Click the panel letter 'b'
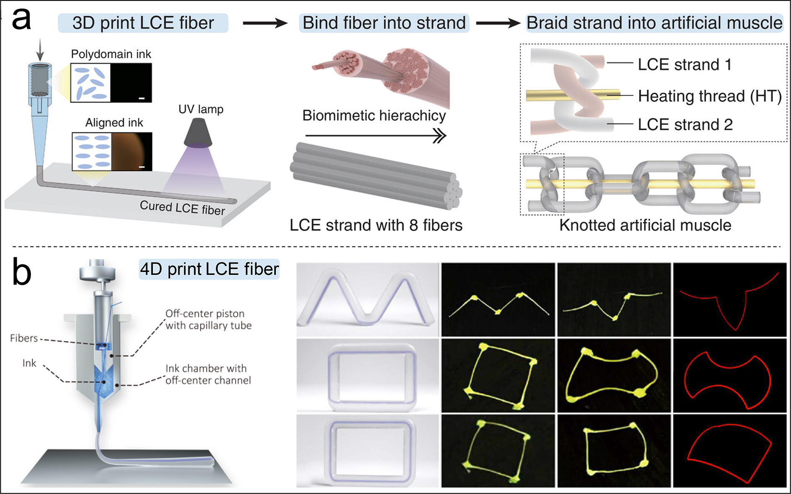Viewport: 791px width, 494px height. coord(21,272)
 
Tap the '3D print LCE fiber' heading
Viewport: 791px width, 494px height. coord(143,23)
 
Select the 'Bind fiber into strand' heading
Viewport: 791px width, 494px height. coord(384,23)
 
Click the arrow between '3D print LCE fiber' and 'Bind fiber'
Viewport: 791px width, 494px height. coord(265,23)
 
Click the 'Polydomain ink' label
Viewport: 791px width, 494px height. coord(111,54)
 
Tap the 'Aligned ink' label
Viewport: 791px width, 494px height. coord(114,123)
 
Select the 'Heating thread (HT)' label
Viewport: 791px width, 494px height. coord(710,96)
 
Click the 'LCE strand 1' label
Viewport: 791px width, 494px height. coord(685,65)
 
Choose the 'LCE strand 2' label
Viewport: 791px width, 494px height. coord(685,125)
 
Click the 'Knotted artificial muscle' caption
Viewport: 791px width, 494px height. coord(645,225)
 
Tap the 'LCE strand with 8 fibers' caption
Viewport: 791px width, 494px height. coord(376,225)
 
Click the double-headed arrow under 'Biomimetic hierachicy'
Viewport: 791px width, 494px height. coord(375,136)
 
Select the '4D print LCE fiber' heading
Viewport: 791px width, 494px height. coord(209,269)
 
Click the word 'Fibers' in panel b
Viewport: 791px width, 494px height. coord(24,338)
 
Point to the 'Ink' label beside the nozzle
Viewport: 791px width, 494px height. coord(29,363)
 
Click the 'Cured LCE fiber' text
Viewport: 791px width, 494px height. coord(182,208)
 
